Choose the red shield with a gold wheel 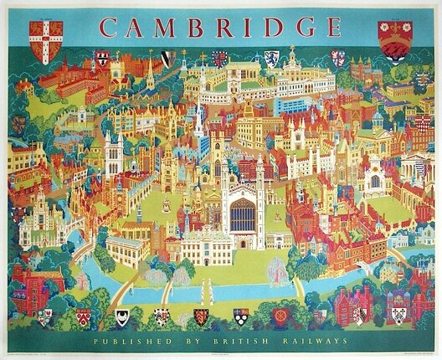tap(280, 316)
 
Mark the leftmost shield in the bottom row tap(45, 316)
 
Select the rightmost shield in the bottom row tap(399, 316)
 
